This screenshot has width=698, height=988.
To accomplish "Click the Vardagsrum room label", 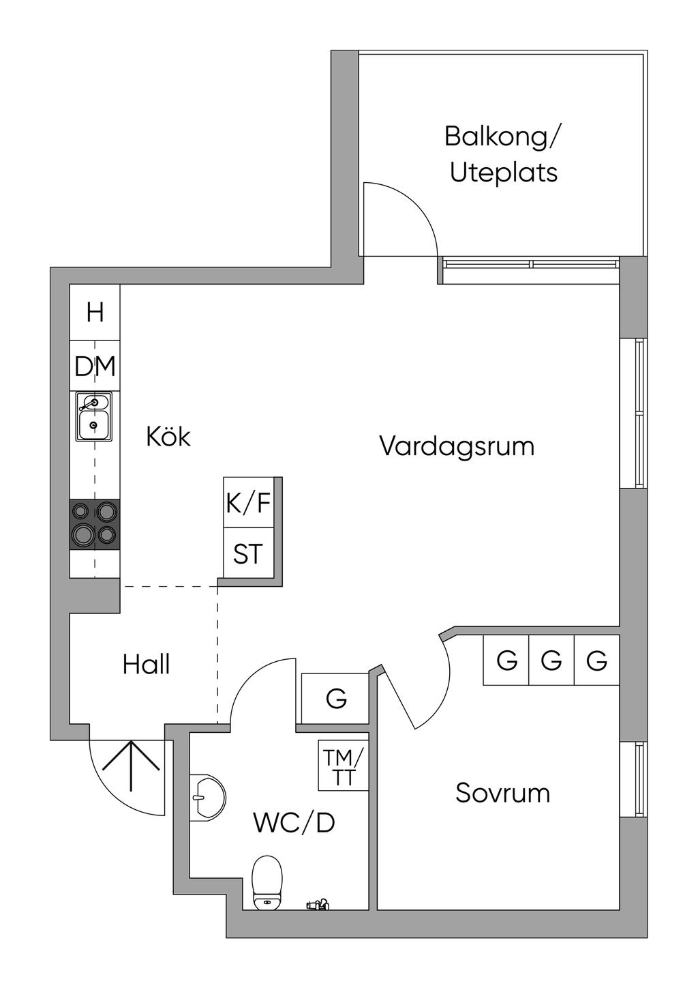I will (x=457, y=446).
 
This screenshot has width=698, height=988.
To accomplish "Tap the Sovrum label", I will (x=502, y=793).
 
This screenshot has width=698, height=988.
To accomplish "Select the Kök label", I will (x=168, y=437).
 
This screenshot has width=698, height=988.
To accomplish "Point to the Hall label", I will (x=146, y=664).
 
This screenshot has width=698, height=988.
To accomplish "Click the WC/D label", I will (x=294, y=823).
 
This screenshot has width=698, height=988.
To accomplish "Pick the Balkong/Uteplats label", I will (x=504, y=154).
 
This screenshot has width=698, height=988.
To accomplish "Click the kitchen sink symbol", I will (x=94, y=416).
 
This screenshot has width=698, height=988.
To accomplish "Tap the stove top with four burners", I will (x=95, y=524).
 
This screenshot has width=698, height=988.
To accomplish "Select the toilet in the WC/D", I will (x=267, y=883).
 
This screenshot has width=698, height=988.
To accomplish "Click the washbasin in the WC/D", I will (x=207, y=796).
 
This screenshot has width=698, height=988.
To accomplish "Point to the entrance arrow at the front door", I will (x=131, y=764).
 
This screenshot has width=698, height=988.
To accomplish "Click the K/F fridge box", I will (x=249, y=504).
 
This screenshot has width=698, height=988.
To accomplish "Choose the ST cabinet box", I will (x=248, y=553).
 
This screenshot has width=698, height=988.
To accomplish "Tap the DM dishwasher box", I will (x=95, y=367).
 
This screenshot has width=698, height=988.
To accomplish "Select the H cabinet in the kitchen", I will (x=95, y=313).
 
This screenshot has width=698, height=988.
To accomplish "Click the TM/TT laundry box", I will (x=344, y=766).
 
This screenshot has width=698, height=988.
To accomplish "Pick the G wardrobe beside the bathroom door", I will (x=336, y=699).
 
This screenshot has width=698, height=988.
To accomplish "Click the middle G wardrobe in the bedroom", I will (x=551, y=660).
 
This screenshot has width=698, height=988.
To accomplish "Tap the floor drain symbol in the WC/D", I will (x=317, y=905).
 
